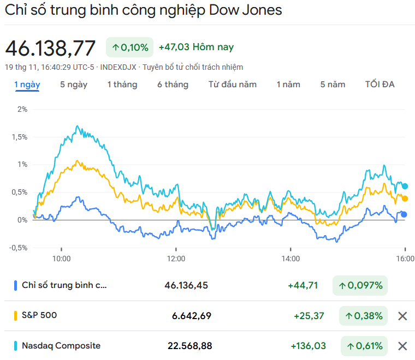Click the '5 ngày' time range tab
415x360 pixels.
click(74, 85)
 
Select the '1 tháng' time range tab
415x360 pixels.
click(122, 85)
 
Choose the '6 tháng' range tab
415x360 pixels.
click(173, 85)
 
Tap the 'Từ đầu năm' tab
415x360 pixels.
click(233, 85)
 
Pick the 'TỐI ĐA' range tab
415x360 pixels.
click(380, 85)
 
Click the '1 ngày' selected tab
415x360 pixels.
click(27, 85)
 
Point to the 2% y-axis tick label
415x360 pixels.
click(22, 109)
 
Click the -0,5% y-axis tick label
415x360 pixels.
click(19, 248)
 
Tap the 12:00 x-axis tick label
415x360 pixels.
click(176, 259)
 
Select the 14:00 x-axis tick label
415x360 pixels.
click(290, 259)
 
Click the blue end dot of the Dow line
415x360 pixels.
click(404, 214)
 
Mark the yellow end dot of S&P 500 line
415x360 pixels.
click(405, 199)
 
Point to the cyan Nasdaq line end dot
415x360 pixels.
click(405, 186)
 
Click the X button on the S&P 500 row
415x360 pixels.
click(402, 316)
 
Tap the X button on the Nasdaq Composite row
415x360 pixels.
click(402, 346)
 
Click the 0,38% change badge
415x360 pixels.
click(363, 316)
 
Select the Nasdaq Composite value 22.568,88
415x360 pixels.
click(189, 346)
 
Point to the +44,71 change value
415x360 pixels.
click(303, 285)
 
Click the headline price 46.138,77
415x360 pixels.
click(50, 48)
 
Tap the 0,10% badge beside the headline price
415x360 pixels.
click(130, 47)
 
